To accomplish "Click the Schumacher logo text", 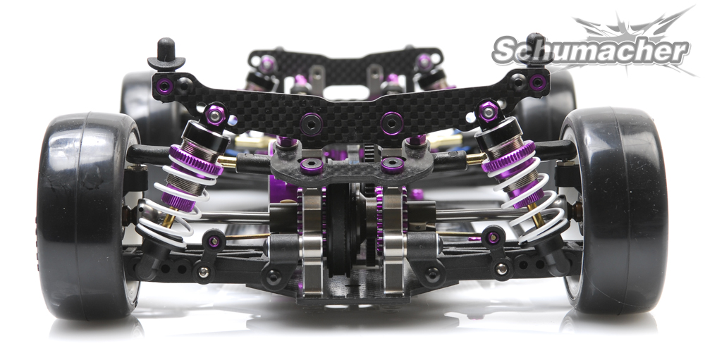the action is (x=590, y=51).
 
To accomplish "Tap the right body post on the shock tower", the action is (x=535, y=49).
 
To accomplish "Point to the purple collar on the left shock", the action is (x=195, y=161).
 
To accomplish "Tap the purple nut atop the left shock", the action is (x=215, y=114).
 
